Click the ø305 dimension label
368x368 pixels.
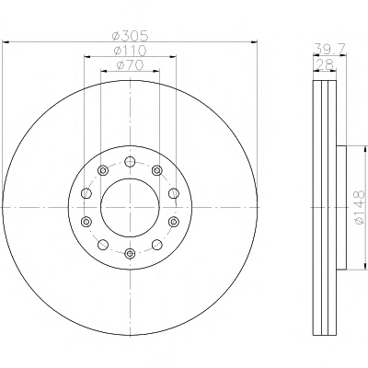131,36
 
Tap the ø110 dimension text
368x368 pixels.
131,51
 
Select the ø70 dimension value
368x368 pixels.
131,65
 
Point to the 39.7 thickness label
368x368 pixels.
329,49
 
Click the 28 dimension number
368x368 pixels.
325,64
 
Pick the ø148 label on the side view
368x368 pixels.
360,207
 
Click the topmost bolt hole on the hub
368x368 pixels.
130,161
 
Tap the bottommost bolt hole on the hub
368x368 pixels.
130,253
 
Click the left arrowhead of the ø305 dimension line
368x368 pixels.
6,42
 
